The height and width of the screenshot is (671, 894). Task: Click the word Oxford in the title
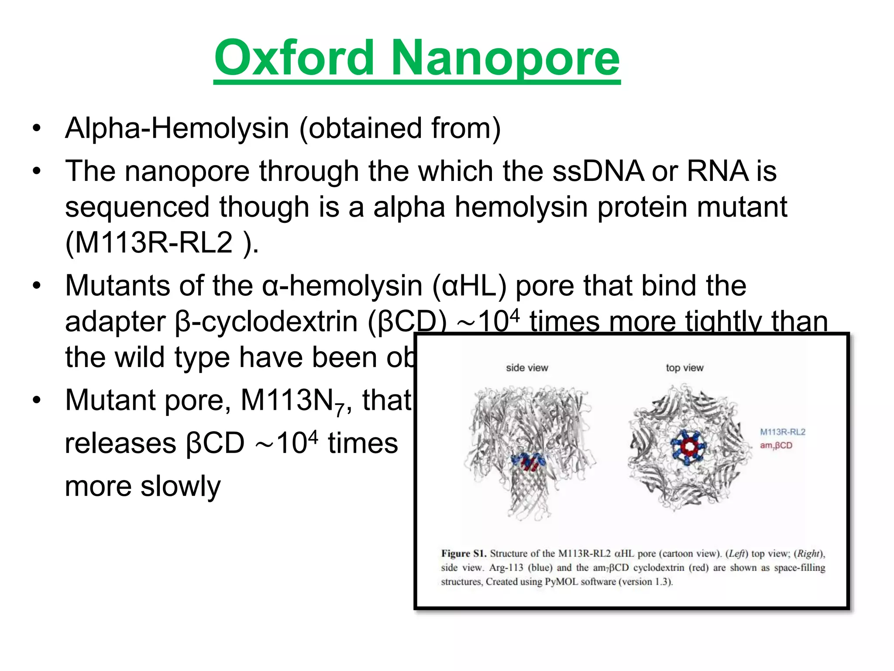point(294,58)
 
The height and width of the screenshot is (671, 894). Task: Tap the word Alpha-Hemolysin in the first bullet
point(177,128)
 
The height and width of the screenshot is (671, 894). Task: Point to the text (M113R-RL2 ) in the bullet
point(162,243)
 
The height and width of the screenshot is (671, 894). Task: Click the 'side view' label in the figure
point(526,368)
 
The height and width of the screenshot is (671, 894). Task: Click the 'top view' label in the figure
point(684,368)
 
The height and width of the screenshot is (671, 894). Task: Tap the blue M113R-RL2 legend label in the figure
point(782,432)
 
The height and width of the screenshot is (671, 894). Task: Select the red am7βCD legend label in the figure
point(776,446)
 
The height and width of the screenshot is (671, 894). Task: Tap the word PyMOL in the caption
point(561,582)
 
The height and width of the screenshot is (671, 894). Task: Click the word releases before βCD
point(120,443)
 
